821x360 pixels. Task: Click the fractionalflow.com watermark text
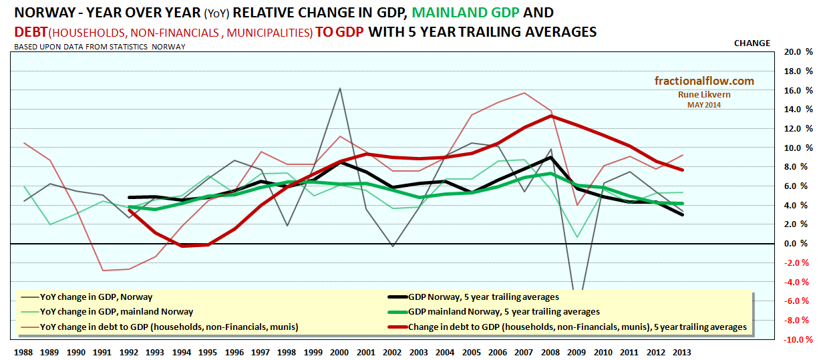click(703, 81)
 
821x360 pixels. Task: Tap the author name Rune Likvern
click(703, 95)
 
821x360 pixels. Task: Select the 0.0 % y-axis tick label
click(800, 244)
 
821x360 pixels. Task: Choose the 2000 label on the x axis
click(340, 351)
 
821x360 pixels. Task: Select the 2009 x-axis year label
click(576, 351)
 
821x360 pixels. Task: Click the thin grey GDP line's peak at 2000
click(340, 88)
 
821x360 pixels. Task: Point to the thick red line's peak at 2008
click(550, 116)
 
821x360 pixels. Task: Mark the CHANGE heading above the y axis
click(752, 43)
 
